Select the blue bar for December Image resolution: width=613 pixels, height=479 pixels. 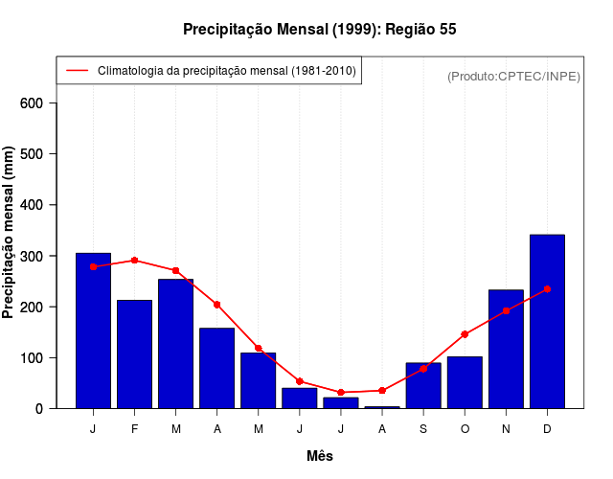point(547,321)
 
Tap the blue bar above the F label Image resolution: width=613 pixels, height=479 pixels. point(134,354)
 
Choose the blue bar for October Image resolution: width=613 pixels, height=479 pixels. point(465,382)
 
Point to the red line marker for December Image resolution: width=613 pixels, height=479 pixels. point(547,288)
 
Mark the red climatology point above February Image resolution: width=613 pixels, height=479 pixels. point(134,260)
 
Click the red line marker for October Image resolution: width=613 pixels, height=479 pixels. point(465,334)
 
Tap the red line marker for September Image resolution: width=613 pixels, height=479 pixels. point(423,369)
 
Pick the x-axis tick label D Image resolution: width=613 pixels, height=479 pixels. point(547,428)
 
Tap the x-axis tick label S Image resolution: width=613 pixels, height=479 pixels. point(423,428)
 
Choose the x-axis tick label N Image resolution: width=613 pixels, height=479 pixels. point(506,428)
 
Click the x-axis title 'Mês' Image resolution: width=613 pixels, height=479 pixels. point(320,456)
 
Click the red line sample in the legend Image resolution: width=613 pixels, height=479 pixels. point(77,71)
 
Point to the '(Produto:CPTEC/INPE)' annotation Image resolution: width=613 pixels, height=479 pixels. point(513,77)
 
